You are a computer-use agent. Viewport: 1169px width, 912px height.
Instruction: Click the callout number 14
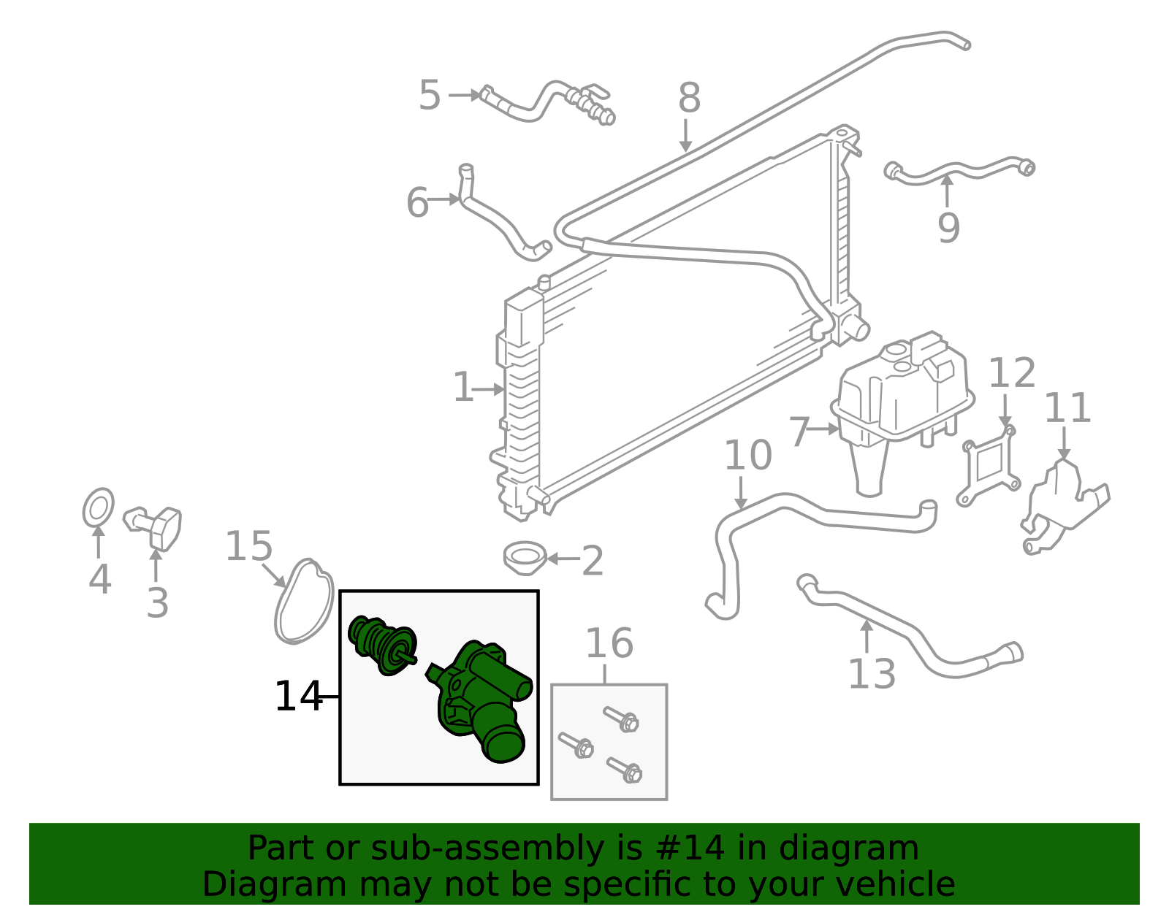297,697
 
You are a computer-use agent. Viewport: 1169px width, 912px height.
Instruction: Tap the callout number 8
689,98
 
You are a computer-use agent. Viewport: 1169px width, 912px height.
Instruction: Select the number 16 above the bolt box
609,644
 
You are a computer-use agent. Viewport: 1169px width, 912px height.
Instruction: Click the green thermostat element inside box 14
382,644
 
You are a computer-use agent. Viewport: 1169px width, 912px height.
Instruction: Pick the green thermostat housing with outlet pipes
482,701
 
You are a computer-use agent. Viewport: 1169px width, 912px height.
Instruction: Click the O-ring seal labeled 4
99,507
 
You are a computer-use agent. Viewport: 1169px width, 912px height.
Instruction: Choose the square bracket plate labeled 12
988,467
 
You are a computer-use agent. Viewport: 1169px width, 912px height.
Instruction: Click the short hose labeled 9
957,170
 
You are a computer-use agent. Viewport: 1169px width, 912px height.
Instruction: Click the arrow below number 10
741,493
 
